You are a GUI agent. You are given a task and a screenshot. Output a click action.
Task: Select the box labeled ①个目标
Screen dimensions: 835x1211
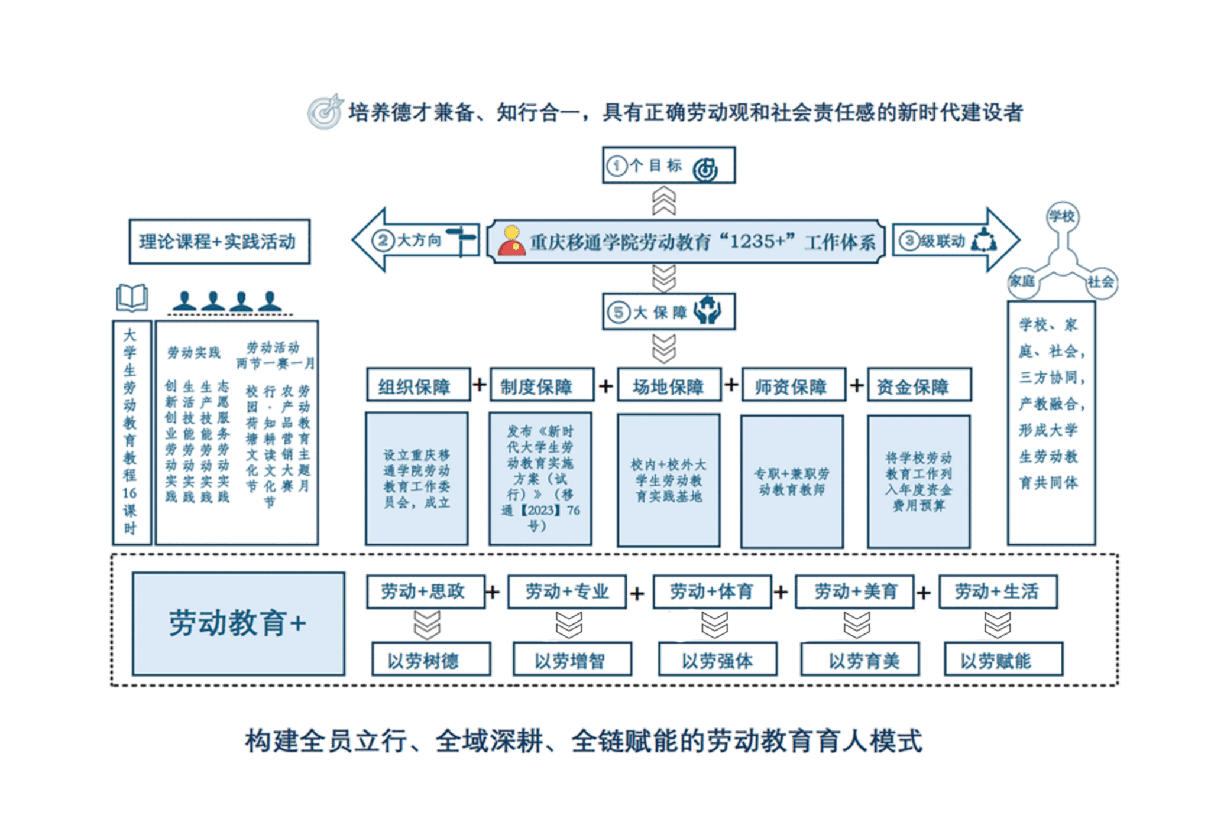tap(668, 165)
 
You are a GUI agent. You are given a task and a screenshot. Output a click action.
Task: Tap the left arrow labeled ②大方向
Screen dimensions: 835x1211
tap(414, 241)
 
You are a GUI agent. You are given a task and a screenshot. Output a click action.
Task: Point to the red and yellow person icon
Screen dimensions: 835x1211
tap(511, 241)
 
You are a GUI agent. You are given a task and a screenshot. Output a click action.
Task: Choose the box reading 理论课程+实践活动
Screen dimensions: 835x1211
tap(219, 242)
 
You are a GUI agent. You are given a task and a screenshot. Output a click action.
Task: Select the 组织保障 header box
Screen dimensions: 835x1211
tap(417, 386)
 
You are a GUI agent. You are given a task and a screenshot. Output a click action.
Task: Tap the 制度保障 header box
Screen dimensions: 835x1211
tap(540, 386)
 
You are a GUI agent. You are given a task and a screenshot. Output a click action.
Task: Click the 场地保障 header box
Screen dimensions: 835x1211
tap(669, 386)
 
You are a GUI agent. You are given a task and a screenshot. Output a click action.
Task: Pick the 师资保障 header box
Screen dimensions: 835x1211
tap(792, 386)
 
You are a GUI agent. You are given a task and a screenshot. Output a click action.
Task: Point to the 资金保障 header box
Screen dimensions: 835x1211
tap(918, 386)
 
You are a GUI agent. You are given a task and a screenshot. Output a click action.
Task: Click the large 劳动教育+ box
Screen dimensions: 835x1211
tap(238, 623)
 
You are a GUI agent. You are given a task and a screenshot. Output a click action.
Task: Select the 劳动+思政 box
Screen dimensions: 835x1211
tap(425, 592)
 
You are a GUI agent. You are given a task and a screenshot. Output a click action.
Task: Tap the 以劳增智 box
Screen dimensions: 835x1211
tap(571, 659)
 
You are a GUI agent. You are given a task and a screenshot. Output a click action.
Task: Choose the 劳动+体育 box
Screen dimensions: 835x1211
tap(712, 592)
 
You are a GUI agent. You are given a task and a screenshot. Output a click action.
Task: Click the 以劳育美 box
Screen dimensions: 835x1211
tap(860, 659)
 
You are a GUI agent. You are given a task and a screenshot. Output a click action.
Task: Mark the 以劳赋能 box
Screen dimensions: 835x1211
tap(1003, 659)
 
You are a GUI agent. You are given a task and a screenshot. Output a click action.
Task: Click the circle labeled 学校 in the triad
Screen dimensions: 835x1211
tap(1062, 217)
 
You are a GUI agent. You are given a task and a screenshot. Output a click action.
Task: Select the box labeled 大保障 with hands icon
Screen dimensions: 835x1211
tap(668, 311)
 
